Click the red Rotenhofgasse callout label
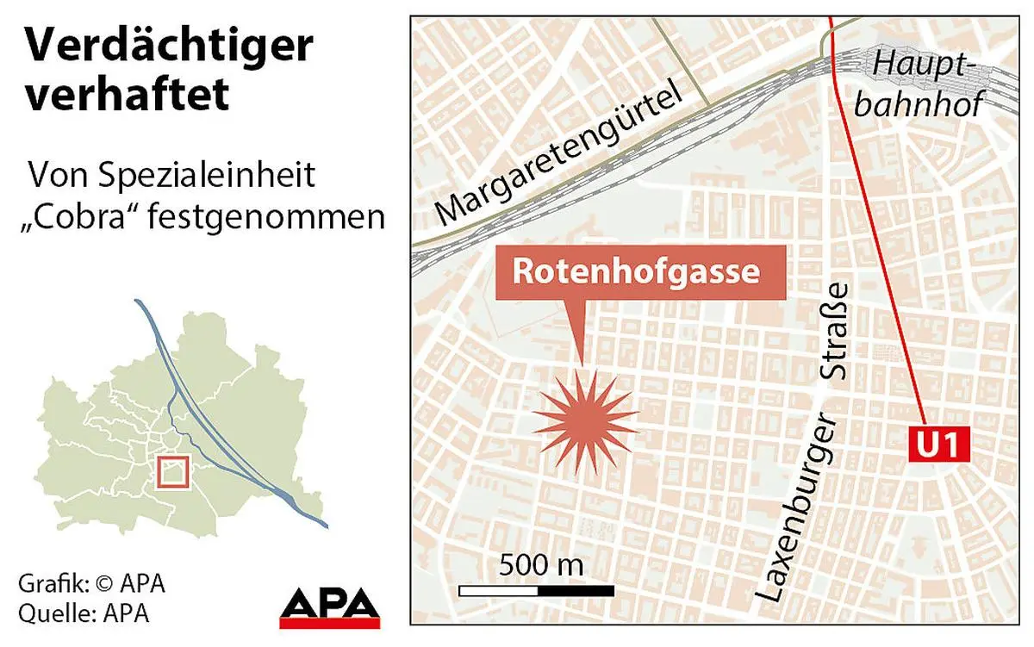(x=637, y=271)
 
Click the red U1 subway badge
(x=940, y=446)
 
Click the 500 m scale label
(x=541, y=566)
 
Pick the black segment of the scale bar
(x=576, y=591)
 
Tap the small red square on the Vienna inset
(x=173, y=473)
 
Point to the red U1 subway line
(x=879, y=215)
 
